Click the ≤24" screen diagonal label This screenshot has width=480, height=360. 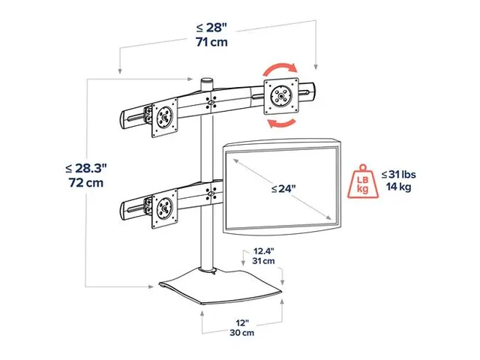[284, 189]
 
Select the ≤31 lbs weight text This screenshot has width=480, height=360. [397, 175]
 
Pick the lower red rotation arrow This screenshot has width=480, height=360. [283, 121]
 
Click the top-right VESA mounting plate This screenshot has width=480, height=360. [280, 95]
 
